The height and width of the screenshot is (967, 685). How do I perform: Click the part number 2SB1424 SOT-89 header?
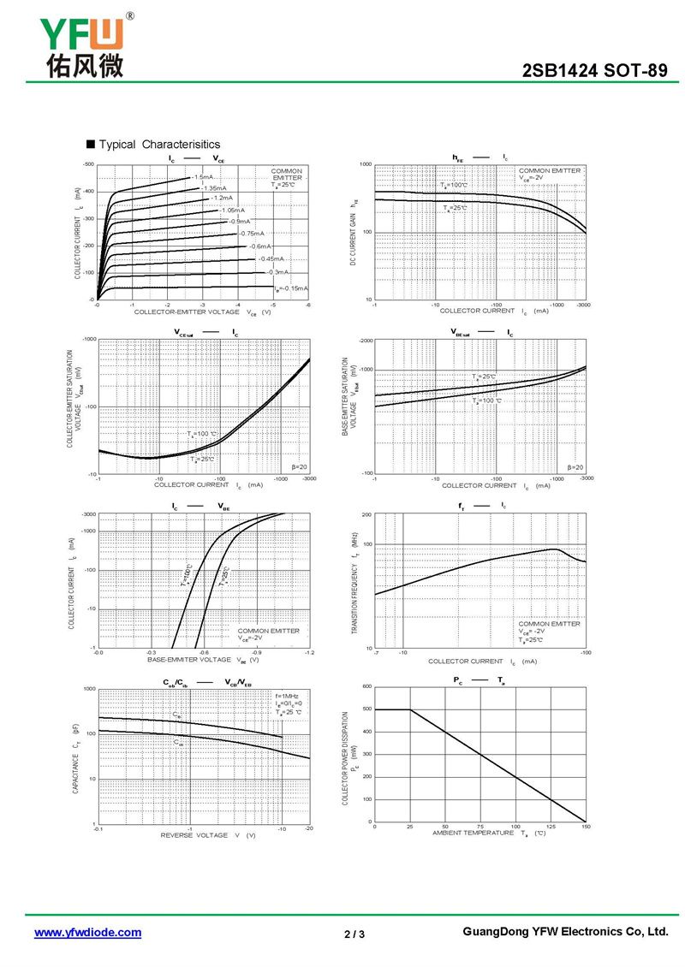[594, 71]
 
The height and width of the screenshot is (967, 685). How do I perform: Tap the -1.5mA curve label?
[202, 177]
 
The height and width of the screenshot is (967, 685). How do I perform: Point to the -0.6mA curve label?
[248, 246]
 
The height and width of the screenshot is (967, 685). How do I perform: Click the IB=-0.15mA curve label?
[291, 288]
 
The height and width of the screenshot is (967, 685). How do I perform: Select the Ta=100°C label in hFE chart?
[454, 185]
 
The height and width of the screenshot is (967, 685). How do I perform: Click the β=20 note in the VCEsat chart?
[300, 467]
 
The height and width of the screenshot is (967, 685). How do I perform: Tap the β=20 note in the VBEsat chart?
[575, 467]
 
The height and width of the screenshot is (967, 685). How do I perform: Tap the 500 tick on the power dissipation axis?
[367, 709]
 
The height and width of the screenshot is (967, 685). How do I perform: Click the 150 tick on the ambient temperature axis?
[586, 827]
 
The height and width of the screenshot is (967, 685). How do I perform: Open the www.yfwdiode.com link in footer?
[87, 933]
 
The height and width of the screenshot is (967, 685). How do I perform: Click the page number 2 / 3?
[354, 934]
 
